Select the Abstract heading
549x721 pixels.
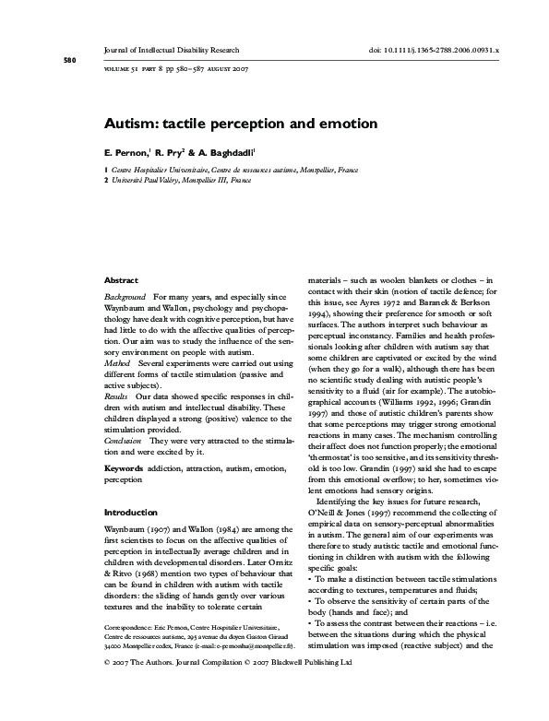tap(121, 280)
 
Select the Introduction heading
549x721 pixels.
tap(131, 512)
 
